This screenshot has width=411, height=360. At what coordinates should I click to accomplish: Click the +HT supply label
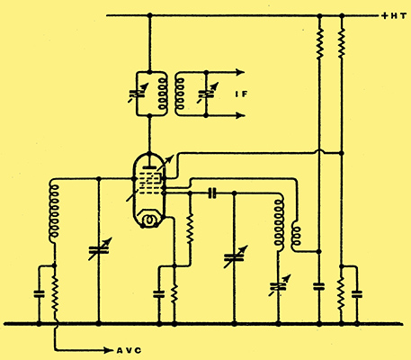tap(394, 16)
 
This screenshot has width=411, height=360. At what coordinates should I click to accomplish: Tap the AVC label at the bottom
tap(129, 350)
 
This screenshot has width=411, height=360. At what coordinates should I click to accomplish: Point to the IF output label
tap(241, 94)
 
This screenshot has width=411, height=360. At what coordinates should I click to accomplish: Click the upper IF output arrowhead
tap(240, 72)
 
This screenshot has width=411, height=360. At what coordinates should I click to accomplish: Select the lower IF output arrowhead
tap(240, 115)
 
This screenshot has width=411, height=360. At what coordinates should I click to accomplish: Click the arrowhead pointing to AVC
tap(108, 350)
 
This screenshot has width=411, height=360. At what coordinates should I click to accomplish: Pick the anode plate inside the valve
tap(148, 167)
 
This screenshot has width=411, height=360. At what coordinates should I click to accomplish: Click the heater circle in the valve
tap(148, 220)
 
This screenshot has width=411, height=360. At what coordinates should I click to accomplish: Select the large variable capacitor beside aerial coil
tap(99, 249)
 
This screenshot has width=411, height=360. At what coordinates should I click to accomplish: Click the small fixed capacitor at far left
tap(39, 294)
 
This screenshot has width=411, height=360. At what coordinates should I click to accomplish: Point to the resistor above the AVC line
tap(55, 294)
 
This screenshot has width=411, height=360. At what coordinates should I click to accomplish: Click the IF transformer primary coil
tap(162, 94)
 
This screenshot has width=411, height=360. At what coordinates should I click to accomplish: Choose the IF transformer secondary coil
tap(180, 94)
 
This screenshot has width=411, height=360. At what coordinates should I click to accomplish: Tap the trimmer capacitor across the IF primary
tap(138, 94)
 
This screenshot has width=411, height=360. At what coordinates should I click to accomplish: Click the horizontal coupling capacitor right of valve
tap(212, 193)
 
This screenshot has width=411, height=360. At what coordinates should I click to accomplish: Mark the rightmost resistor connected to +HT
tap(341, 42)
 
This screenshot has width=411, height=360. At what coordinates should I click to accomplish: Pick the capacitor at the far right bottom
tap(357, 294)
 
